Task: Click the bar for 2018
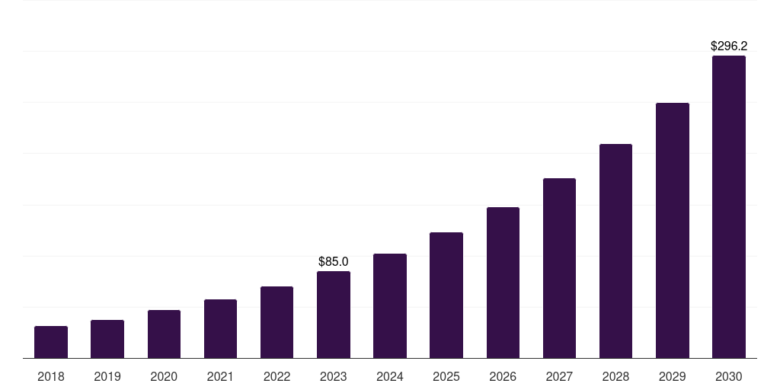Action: (x=51, y=342)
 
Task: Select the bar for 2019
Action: (x=107, y=339)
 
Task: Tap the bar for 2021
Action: (x=220, y=328)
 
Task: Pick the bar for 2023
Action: (x=334, y=315)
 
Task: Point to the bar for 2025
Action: (x=446, y=295)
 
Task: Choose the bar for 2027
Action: (x=559, y=268)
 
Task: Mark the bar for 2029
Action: (x=673, y=230)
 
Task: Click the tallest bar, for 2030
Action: (x=729, y=206)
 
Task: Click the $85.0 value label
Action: (x=334, y=262)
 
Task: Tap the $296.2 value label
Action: (x=729, y=46)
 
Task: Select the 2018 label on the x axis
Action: (x=51, y=376)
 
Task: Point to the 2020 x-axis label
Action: (x=164, y=376)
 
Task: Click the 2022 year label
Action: (x=277, y=376)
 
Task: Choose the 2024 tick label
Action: (x=390, y=376)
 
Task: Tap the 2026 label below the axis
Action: (x=503, y=376)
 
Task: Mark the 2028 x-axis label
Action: (x=615, y=376)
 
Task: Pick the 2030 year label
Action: (x=729, y=376)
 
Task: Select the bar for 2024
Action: (x=390, y=305)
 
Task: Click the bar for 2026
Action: (x=503, y=283)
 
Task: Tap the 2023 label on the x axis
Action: (x=334, y=376)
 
